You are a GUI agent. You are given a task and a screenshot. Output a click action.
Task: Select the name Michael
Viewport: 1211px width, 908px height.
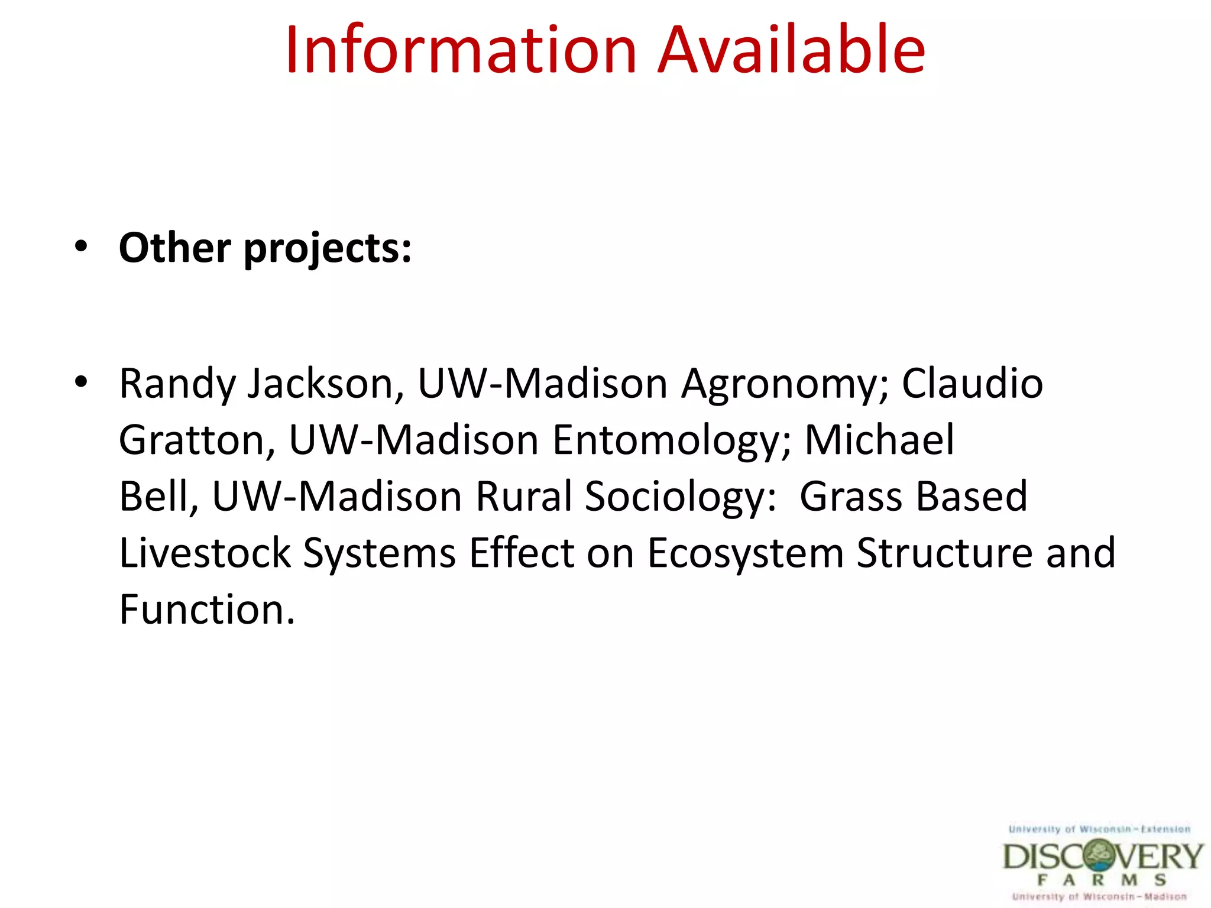pos(879,440)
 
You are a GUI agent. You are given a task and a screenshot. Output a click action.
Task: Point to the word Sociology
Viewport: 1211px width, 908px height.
pos(680,497)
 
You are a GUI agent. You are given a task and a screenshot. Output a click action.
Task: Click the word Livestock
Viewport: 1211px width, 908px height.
pos(205,553)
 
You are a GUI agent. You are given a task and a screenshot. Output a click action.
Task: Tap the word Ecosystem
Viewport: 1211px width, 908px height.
pos(746,554)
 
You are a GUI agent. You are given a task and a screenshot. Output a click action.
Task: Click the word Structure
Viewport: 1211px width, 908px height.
pos(944,553)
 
